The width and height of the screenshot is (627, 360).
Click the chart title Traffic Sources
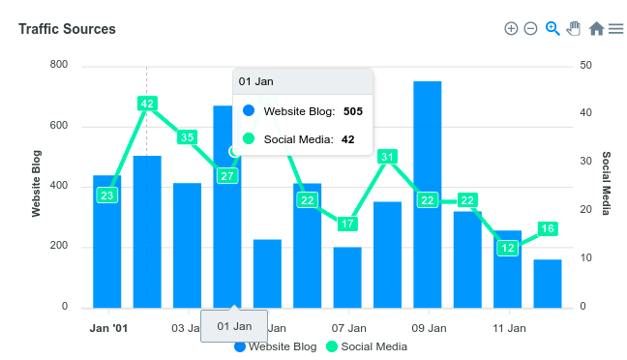tap(67, 29)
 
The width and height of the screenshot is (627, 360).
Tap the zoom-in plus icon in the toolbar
tap(511, 29)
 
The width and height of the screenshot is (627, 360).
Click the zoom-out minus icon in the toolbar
tap(530, 29)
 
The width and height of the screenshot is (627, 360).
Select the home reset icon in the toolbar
tap(596, 29)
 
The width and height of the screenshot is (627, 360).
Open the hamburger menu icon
tap(615, 29)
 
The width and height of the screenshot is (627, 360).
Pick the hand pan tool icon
tap(574, 28)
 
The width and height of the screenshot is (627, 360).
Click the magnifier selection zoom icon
tap(552, 28)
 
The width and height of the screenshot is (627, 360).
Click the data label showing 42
tap(147, 104)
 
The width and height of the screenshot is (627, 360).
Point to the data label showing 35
tap(187, 137)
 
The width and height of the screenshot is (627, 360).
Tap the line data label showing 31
tap(387, 157)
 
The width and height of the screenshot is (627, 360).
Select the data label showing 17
tap(347, 224)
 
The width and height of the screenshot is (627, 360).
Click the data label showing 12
tap(508, 248)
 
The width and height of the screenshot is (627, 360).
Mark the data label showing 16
tap(548, 229)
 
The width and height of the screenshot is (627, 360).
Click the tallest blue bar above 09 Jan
tap(428, 194)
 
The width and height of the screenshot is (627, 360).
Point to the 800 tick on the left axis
tap(59, 65)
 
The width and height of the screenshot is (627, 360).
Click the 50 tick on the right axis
tap(586, 65)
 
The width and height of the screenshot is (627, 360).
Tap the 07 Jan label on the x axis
tap(348, 328)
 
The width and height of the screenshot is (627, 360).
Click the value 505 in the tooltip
tap(352, 111)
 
